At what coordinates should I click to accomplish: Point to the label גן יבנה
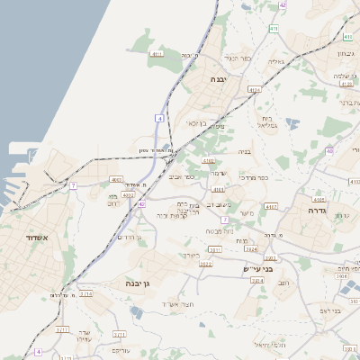143,283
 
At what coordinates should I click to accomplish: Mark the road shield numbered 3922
205,264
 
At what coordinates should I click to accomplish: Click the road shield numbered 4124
255,90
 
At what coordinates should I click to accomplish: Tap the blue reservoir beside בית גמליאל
292,123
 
